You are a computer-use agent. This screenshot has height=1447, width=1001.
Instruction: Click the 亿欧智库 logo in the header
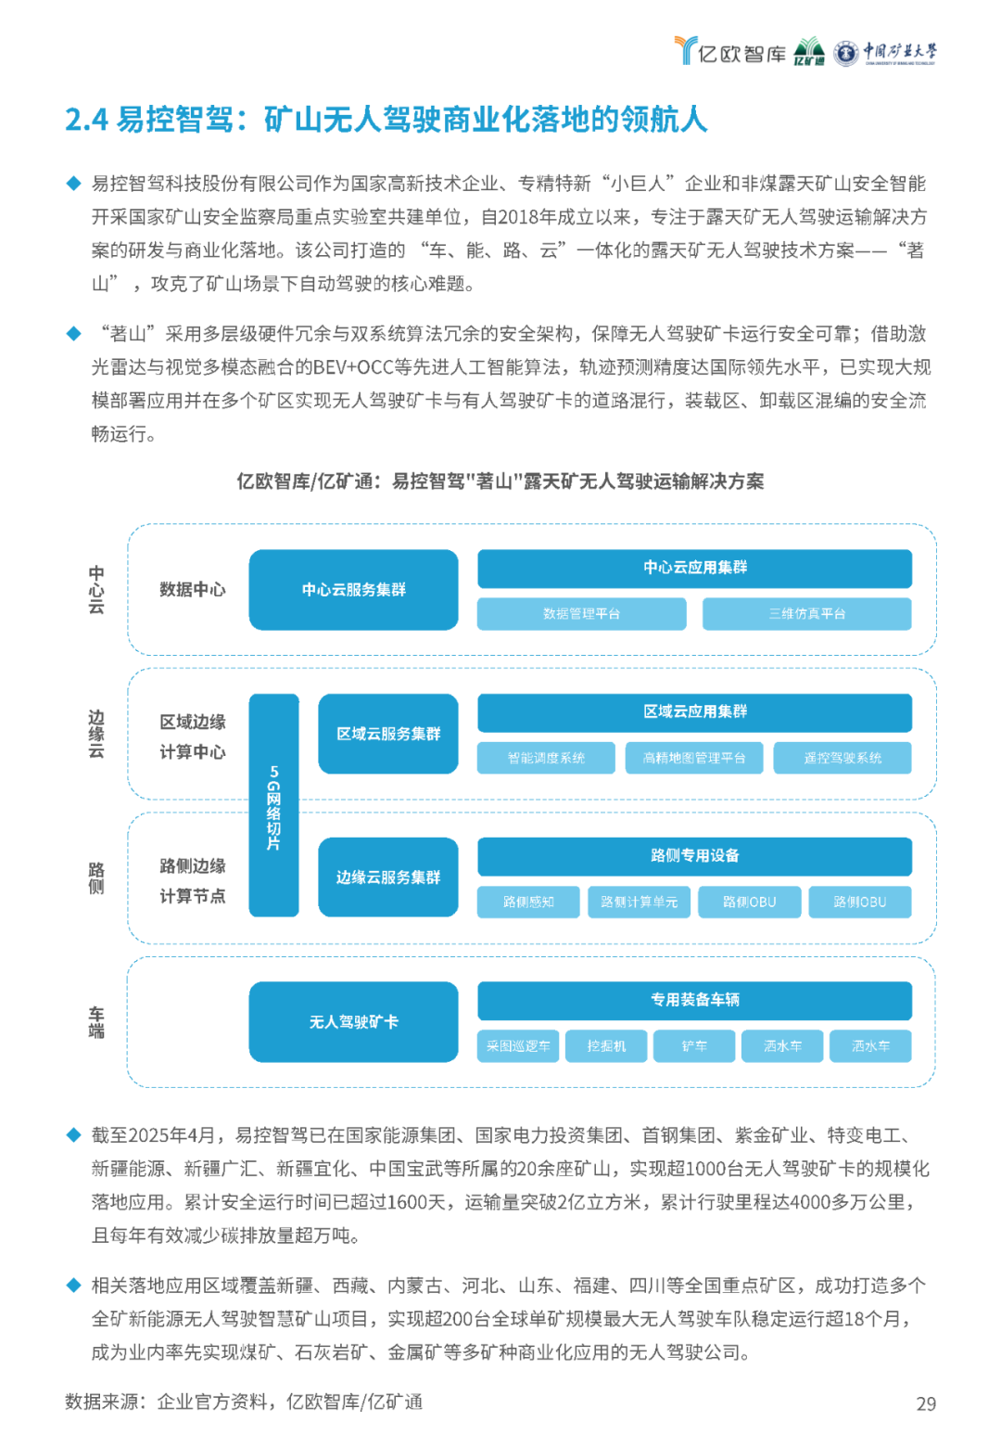(730, 51)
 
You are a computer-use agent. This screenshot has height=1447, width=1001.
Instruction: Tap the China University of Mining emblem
(845, 53)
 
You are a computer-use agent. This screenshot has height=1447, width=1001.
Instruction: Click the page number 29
(926, 1403)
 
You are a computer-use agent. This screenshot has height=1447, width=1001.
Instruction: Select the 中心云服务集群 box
(353, 589)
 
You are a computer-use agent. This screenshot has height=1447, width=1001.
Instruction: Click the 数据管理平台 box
(581, 613)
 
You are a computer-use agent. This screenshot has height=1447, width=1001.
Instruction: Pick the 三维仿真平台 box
(806, 613)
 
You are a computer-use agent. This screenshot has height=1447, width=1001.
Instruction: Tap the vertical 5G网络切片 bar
(273, 805)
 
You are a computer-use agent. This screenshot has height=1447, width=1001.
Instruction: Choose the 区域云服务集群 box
(387, 733)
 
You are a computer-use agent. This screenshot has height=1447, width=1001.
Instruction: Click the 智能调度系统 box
(546, 757)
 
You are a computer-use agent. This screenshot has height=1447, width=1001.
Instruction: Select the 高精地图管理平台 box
(694, 757)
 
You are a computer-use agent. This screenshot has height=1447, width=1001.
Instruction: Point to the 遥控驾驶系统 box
(843, 757)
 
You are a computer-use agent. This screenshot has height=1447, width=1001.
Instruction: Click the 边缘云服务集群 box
(387, 877)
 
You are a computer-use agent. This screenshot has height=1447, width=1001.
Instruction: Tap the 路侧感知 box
(528, 902)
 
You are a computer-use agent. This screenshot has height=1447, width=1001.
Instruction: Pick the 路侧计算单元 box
(639, 902)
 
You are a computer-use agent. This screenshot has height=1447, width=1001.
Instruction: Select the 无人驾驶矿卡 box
(353, 1021)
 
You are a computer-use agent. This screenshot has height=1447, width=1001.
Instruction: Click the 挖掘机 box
(606, 1045)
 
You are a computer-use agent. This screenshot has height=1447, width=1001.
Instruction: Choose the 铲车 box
(694, 1045)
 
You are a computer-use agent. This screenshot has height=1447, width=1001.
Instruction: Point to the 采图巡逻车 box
(517, 1045)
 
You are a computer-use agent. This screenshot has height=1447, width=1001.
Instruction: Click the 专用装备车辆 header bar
(694, 1001)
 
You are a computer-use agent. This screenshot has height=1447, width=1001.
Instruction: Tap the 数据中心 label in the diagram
(193, 589)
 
